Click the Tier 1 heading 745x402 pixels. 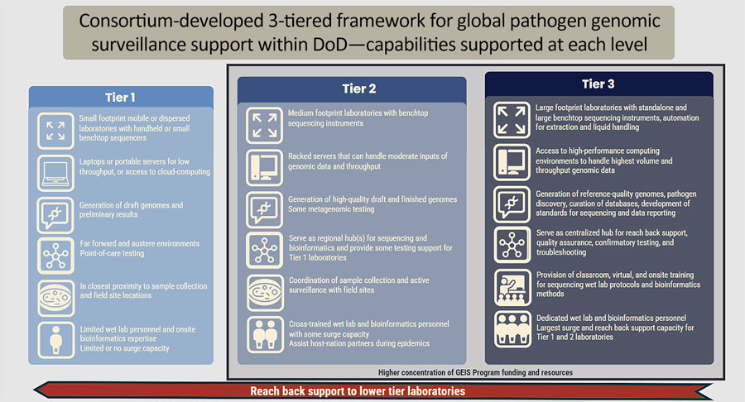coord(120,98)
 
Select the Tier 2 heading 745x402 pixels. coord(359,89)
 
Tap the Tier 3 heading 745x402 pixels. coord(598,84)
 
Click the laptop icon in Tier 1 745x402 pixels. coord(55,173)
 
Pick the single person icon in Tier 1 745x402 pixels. coord(56,340)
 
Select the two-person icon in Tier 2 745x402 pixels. coord(265,335)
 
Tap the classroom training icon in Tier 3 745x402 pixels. coord(512,288)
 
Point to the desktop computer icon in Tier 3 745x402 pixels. coord(512,162)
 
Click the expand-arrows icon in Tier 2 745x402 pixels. coord(264,125)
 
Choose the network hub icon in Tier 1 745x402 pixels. coord(56,256)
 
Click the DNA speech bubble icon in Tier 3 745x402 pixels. coord(512,204)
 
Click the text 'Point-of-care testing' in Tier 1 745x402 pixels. coord(112,253)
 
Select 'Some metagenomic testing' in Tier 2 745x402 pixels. coord(331,209)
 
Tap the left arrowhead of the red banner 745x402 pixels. coord(36,390)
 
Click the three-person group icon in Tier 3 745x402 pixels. coord(512,329)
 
